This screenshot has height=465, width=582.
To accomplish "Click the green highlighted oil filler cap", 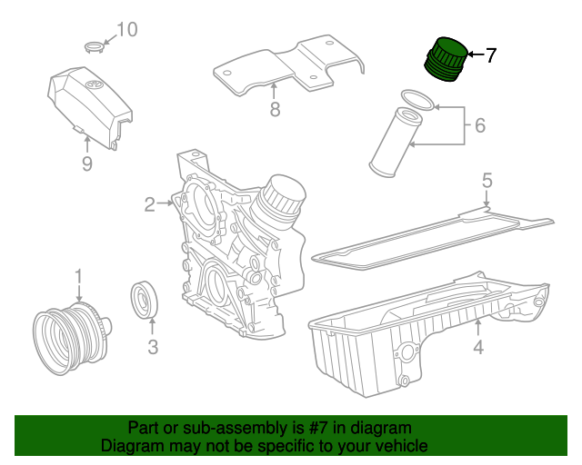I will (446, 60).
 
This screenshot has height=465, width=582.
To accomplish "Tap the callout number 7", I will (490, 55).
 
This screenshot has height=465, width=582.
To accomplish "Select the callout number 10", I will (126, 30).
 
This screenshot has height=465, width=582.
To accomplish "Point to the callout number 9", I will (87, 163).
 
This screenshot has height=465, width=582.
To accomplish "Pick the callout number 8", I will (275, 111).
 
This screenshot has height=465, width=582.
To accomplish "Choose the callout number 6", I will (480, 125).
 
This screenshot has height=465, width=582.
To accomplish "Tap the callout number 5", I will (487, 181).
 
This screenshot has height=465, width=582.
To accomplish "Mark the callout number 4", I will (477, 346).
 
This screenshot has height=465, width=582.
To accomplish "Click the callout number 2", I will (149, 205).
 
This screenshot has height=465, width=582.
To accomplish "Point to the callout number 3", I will (153, 346).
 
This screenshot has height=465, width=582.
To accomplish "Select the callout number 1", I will (78, 275).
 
